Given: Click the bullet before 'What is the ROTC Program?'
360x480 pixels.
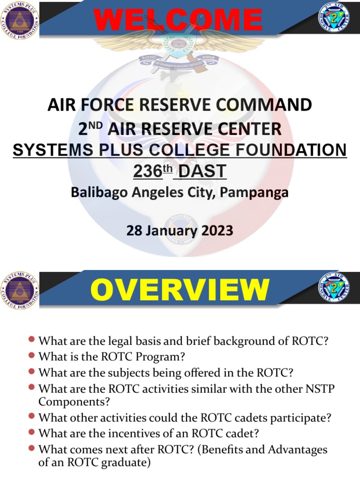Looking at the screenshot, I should coord(32,356).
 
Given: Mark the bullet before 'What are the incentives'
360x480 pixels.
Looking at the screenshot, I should coord(32,432).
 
